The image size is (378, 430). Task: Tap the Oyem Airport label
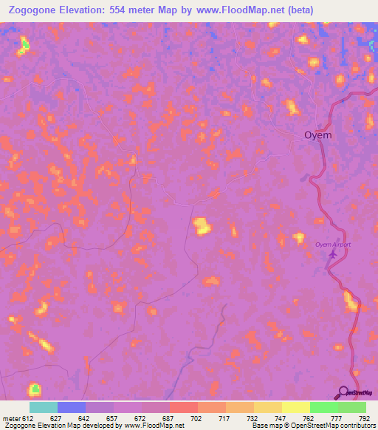[333, 245]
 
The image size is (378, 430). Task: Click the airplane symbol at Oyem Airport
[332, 255]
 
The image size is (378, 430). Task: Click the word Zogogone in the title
[38, 10]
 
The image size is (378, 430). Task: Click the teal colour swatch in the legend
[44, 407]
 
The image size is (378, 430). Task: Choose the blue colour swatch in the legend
[72, 407]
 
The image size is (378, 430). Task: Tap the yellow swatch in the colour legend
[295, 407]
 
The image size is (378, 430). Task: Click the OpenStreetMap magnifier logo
[344, 392]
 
